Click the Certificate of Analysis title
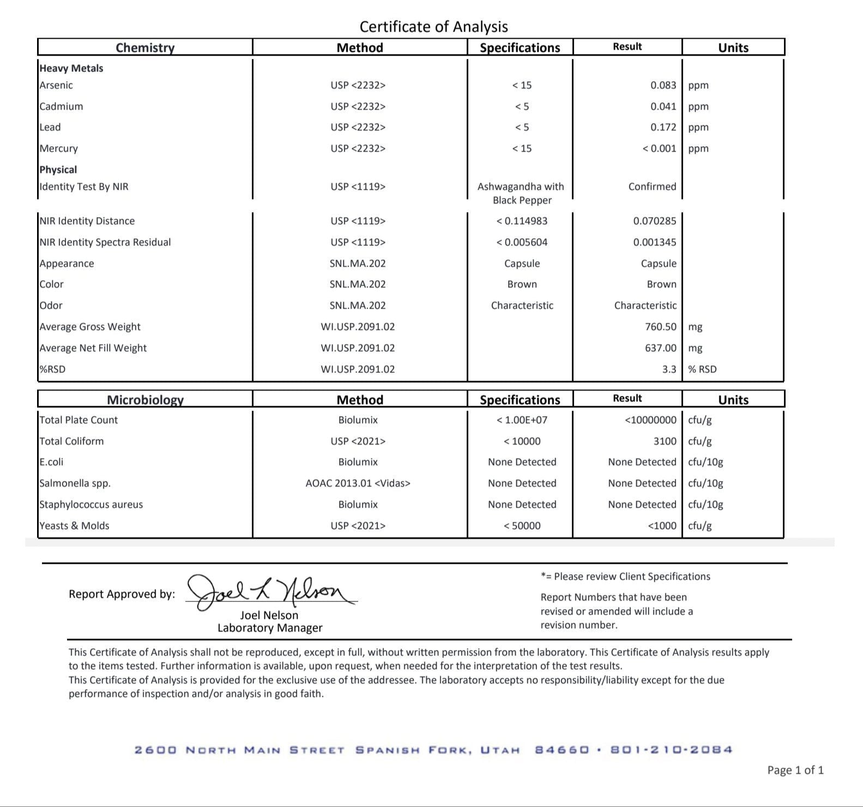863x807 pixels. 433,27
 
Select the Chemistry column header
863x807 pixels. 145,47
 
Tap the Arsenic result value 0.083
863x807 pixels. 663,85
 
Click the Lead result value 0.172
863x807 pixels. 663,127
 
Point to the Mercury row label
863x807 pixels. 59,148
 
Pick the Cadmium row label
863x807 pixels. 61,106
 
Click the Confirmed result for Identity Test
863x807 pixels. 652,186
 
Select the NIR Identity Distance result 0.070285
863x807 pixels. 654,221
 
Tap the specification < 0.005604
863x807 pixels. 522,242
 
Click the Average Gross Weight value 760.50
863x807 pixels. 660,327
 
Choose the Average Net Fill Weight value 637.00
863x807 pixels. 660,348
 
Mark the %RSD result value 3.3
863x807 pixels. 669,369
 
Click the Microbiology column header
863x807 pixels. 145,400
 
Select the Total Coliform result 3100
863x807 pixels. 665,441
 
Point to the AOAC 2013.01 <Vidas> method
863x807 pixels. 358,483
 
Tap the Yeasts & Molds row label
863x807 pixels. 74,526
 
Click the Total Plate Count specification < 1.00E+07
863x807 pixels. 522,420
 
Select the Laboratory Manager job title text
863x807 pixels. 270,628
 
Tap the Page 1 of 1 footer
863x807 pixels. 795,770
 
